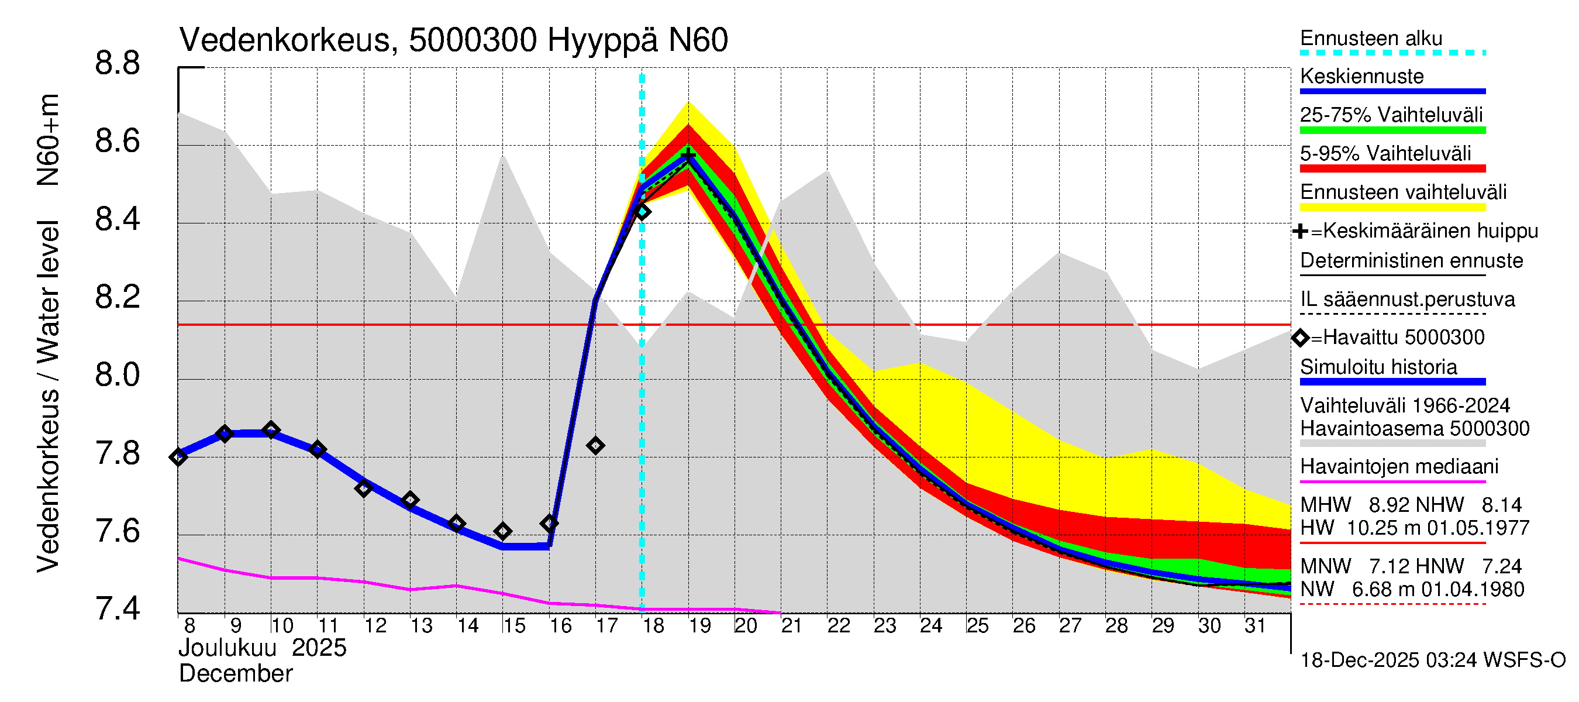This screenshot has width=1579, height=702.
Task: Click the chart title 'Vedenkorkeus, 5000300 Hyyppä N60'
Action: [453, 40]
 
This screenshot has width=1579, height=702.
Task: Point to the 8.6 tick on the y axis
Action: [117, 142]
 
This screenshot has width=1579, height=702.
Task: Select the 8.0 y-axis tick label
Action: [117, 375]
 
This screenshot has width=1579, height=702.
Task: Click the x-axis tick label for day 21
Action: [791, 626]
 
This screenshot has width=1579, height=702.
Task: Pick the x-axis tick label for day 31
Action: [1255, 626]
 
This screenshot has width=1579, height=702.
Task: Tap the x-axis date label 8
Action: [189, 626]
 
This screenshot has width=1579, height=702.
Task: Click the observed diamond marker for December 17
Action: [595, 446]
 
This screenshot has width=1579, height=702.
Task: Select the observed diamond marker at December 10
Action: [271, 430]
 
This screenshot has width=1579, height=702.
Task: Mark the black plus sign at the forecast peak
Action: [688, 156]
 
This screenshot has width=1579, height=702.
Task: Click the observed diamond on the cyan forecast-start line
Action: [642, 212]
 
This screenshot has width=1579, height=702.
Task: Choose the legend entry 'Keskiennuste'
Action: [1361, 77]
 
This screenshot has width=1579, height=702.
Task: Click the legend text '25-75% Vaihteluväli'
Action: [1391, 115]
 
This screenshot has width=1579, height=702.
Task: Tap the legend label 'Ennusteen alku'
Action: [1371, 38]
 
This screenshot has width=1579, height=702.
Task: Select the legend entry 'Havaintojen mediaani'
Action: [1399, 467]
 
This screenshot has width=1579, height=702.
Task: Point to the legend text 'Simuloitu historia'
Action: [1378, 367]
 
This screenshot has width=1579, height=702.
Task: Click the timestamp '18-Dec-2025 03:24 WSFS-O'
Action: [1432, 660]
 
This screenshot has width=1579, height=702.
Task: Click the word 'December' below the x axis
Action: [235, 674]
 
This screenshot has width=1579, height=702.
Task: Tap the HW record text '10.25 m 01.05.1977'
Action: [1437, 528]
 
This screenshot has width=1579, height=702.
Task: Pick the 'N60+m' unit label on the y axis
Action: [48, 140]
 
